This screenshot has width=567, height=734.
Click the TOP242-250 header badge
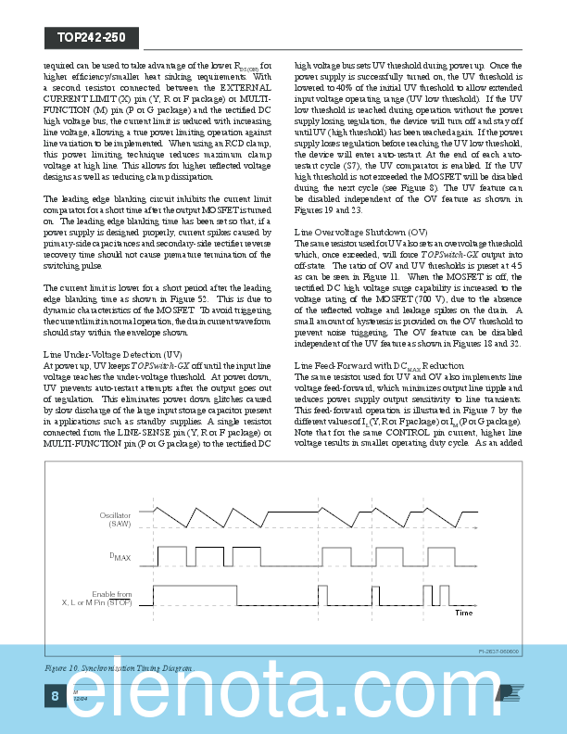click(91, 37)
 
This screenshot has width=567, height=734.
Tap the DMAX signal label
click(121, 556)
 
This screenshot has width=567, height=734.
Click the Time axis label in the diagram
click(463, 614)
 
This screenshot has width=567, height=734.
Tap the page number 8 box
click(55, 696)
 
